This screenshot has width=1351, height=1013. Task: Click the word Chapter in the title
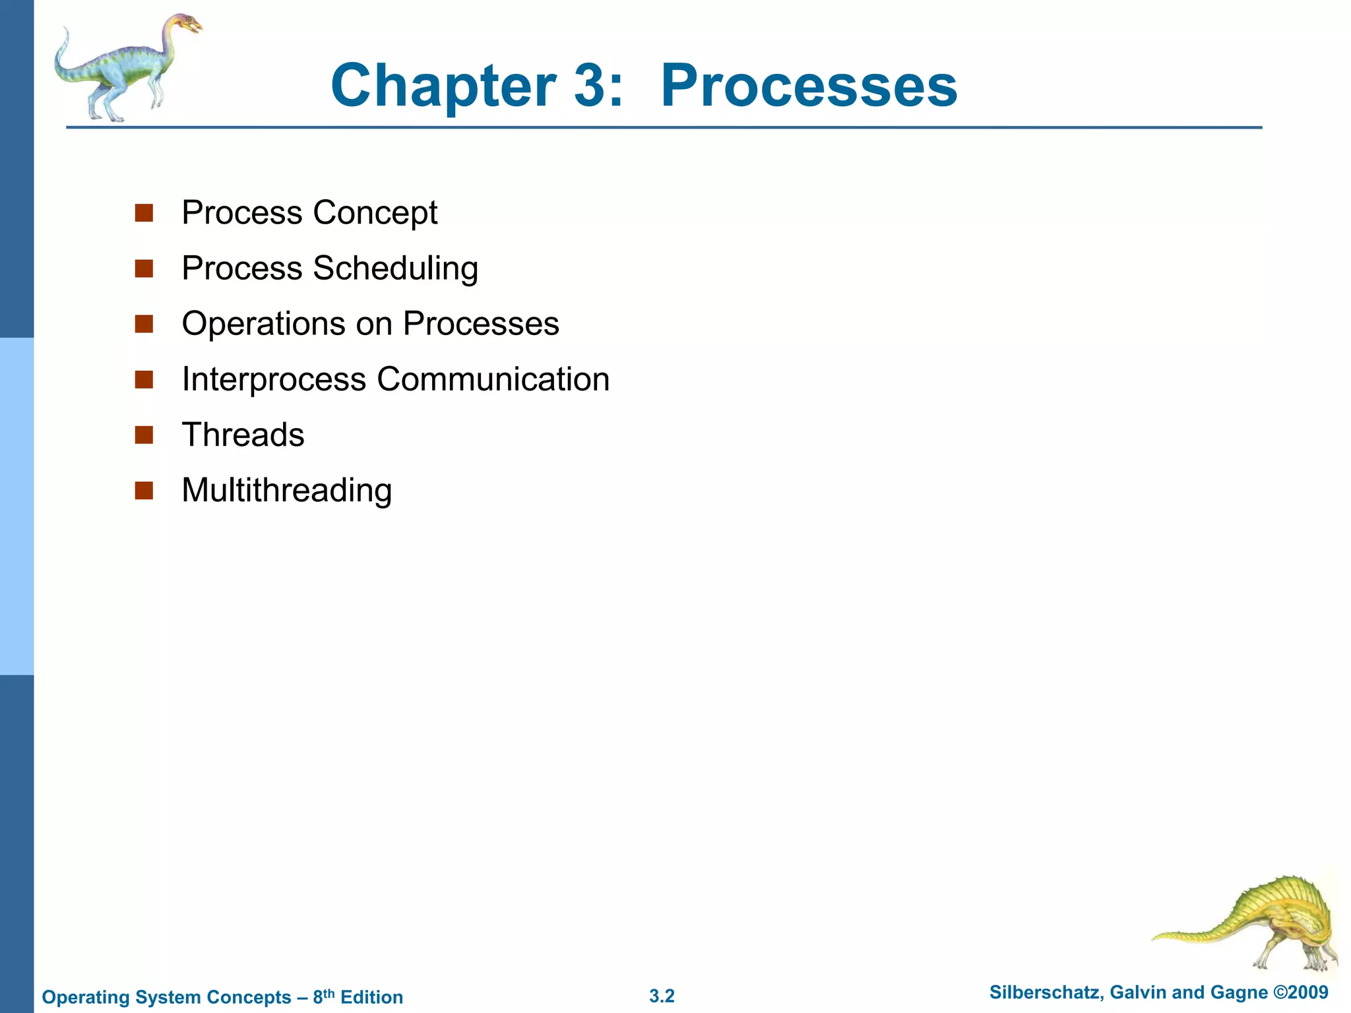click(443, 86)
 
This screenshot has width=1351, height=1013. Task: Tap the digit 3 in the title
click(590, 86)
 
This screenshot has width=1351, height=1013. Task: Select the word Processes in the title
click(809, 86)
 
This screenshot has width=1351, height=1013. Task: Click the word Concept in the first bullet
click(375, 213)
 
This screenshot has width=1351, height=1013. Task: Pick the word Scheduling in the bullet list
click(395, 268)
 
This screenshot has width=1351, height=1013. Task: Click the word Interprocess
click(274, 379)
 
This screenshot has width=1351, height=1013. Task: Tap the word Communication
click(493, 379)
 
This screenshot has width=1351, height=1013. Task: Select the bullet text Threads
click(243, 435)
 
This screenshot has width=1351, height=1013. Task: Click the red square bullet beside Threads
click(144, 435)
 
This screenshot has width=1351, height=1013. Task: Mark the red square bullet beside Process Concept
click(144, 213)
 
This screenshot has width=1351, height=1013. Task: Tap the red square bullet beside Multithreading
click(144, 491)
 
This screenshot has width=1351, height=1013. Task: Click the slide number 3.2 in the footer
click(662, 996)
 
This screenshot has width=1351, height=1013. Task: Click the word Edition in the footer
click(371, 997)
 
